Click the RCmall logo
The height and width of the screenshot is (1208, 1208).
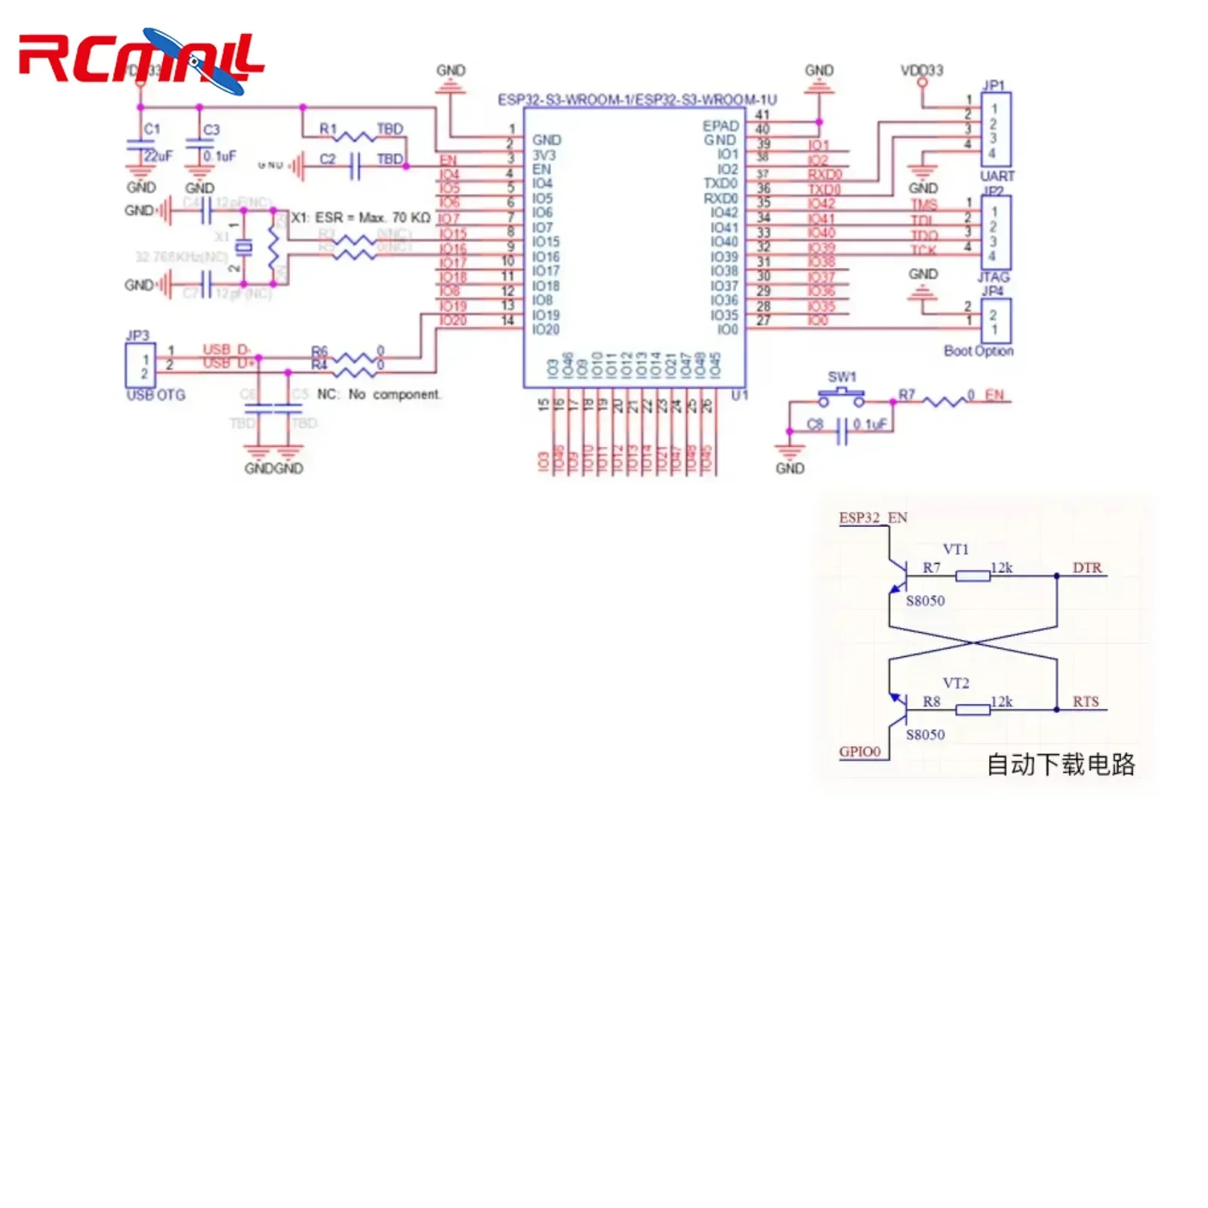click(141, 60)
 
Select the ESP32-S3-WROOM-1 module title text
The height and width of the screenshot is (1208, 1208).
click(636, 100)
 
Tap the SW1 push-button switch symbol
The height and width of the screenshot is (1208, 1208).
click(841, 396)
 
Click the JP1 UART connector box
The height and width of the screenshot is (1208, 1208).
click(995, 130)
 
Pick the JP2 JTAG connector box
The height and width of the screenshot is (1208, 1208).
click(995, 233)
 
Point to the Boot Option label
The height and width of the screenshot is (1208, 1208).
click(978, 351)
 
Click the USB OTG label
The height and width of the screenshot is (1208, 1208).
click(156, 395)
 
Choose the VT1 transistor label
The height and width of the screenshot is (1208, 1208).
click(955, 550)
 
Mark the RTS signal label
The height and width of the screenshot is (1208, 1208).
click(1086, 702)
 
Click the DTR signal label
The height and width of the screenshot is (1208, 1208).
click(1086, 568)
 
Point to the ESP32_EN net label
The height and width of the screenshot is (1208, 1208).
click(873, 518)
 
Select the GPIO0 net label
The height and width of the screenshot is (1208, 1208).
click(859, 752)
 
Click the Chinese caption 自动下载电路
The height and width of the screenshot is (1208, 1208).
click(1060, 765)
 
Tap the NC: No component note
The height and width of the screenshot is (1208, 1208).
click(378, 394)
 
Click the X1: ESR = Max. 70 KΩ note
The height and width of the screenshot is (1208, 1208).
click(360, 217)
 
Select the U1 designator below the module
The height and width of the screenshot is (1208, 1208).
click(739, 395)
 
